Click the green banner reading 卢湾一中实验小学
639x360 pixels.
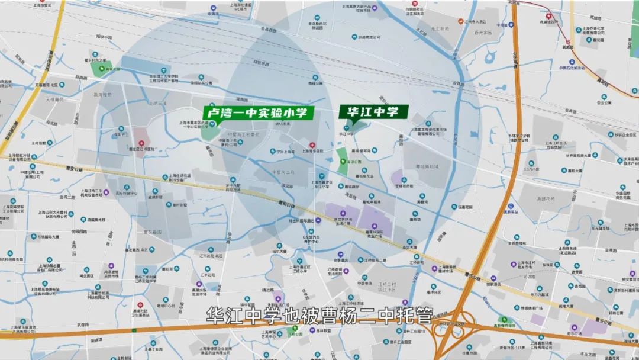pyautogui.click(x=258, y=113)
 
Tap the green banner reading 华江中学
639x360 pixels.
pyautogui.click(x=373, y=111)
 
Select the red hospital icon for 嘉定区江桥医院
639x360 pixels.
pyautogui.click(x=141, y=144)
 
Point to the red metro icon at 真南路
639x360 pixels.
pyautogui.click(x=567, y=42)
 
